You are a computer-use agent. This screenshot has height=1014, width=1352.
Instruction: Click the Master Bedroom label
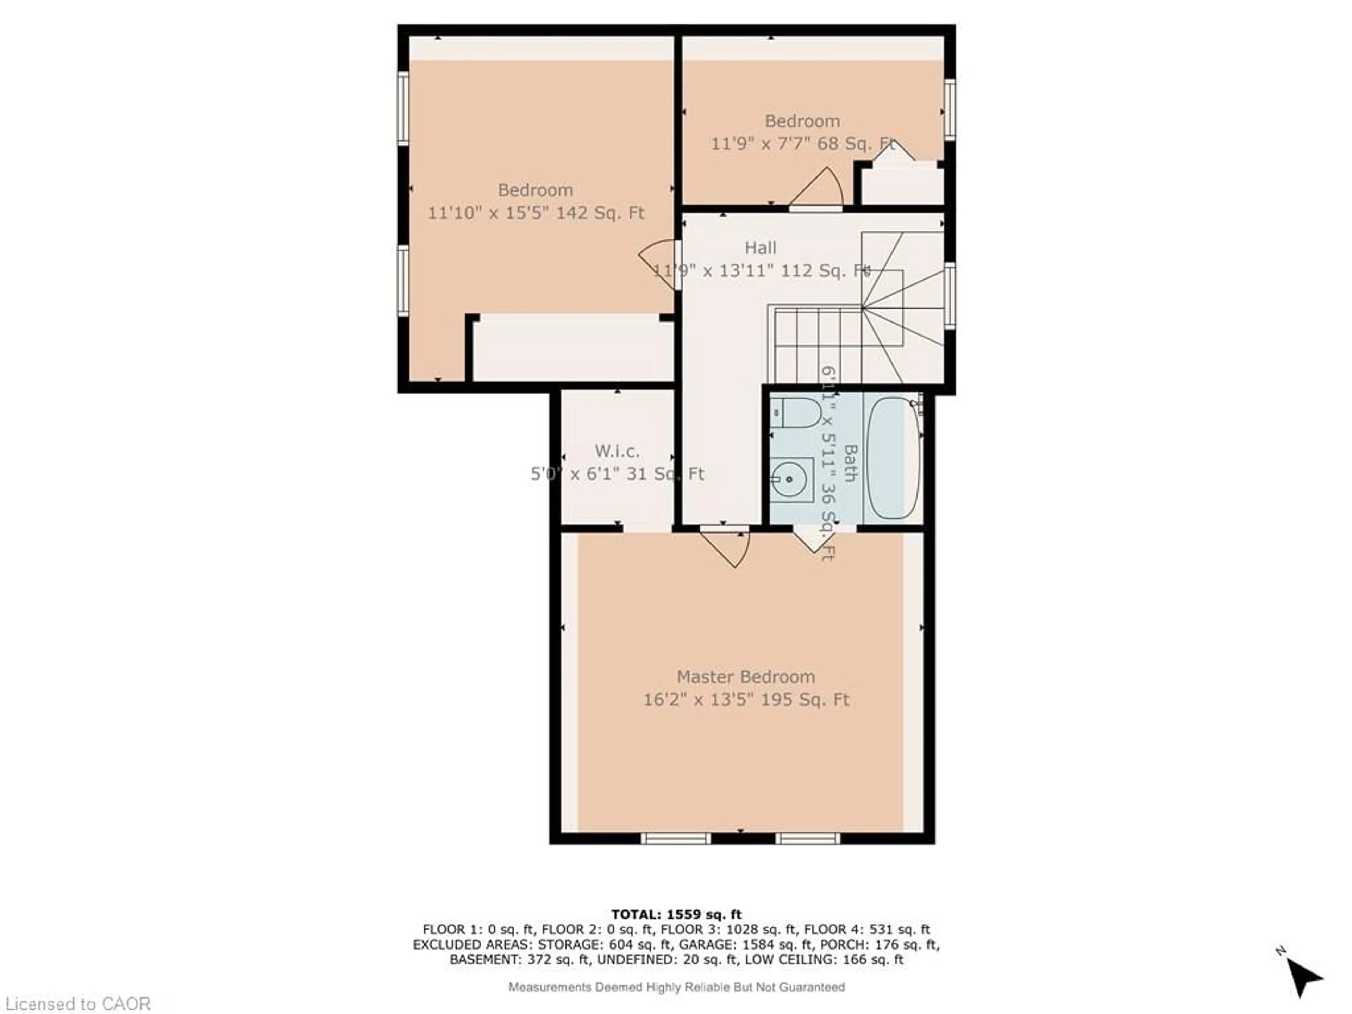point(746,677)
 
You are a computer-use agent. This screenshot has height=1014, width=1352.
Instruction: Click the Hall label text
point(760,248)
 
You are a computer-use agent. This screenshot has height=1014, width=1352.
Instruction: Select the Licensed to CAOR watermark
point(77,1003)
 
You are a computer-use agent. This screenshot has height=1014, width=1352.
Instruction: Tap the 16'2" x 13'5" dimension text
point(746,699)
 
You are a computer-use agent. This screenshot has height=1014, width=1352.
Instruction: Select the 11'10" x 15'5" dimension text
point(536,213)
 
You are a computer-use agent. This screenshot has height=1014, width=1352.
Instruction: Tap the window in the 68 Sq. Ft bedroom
point(950,110)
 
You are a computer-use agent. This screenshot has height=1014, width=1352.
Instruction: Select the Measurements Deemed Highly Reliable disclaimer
point(677,987)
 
